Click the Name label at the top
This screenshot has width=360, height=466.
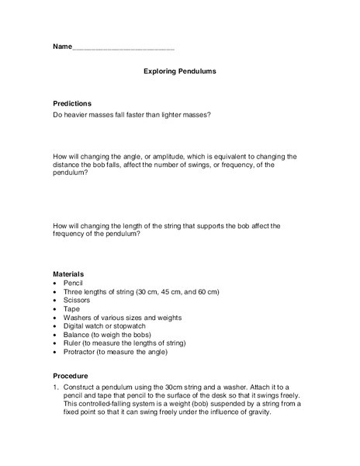tap(62, 47)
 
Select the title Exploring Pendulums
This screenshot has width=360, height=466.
tap(179, 71)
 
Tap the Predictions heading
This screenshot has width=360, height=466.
tap(72, 103)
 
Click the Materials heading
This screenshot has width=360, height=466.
tap(68, 274)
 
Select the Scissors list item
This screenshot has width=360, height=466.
tap(78, 301)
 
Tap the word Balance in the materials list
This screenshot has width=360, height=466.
tap(79, 335)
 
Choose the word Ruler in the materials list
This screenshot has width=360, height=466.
tap(74, 343)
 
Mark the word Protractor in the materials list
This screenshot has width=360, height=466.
tap(83, 352)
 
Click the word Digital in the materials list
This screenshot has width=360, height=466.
tap(77, 326)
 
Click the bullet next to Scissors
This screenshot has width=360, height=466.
tap(55, 301)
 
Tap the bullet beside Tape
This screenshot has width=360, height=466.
tap(55, 309)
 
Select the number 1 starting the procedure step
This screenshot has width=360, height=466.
tap(54, 387)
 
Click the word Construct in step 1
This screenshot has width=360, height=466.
tap(81, 387)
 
